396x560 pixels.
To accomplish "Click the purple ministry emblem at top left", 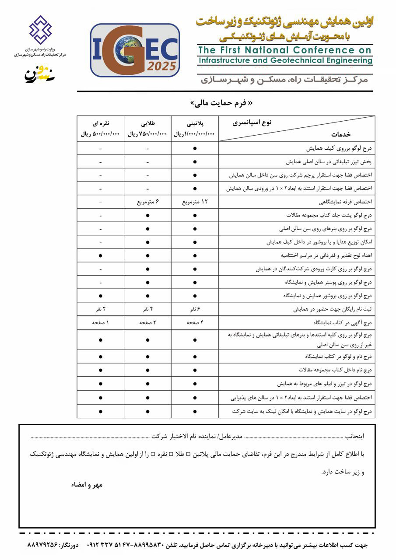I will [x=40, y=29].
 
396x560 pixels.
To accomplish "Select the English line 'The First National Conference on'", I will [x=285, y=50].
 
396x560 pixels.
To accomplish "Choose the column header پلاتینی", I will [x=195, y=122].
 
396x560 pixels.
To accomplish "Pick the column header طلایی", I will [x=147, y=122].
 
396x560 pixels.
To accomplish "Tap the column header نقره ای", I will [x=100, y=122].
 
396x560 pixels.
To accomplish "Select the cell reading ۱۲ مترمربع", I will [x=195, y=203].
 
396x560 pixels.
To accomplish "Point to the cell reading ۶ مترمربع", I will [x=147, y=203].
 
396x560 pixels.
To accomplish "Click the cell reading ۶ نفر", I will [x=195, y=309].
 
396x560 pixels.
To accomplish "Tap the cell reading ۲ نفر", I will [x=100, y=309].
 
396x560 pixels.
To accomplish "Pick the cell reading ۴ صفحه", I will [x=195, y=323].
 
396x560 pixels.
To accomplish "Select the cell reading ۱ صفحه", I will [x=100, y=323].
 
